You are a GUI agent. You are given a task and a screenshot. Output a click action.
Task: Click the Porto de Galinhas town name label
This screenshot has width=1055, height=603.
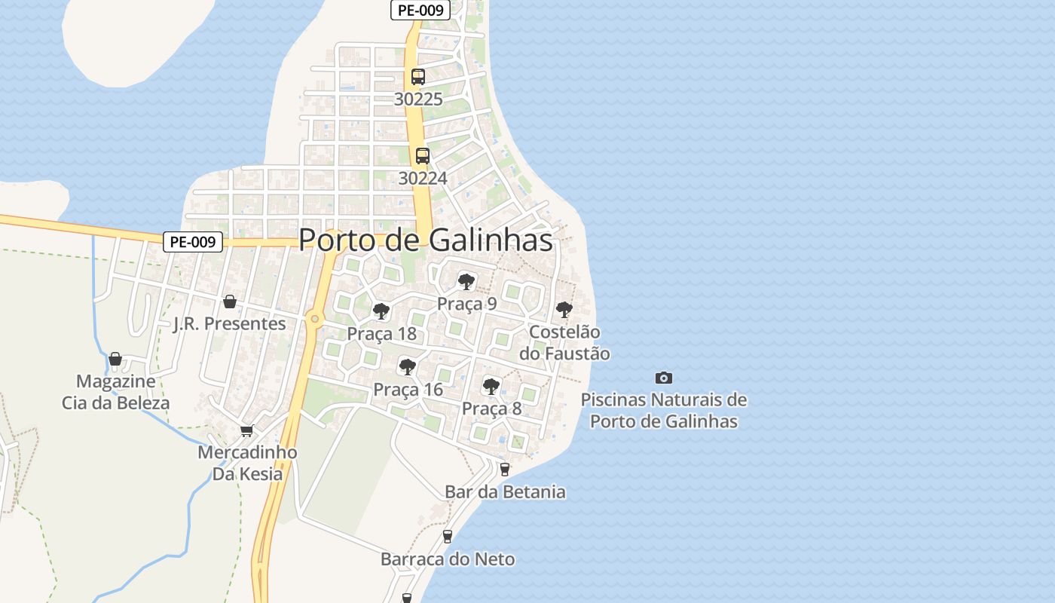click(426, 240)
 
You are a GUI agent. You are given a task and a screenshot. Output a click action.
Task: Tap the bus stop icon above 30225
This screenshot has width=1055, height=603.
click(418, 76)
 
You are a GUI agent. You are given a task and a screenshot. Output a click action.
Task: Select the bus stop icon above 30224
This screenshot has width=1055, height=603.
click(423, 156)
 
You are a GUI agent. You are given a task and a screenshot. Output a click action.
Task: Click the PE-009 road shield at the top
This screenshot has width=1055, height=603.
click(420, 10)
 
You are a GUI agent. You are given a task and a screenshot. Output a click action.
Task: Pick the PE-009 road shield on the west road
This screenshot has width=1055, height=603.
click(194, 242)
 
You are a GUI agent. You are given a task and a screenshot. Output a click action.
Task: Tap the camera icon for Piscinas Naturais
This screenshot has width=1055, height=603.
click(663, 378)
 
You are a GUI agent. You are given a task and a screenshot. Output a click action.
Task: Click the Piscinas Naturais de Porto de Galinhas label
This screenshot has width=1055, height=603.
click(663, 410)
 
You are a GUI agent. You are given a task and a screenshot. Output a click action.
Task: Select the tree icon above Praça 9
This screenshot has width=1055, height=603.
click(466, 282)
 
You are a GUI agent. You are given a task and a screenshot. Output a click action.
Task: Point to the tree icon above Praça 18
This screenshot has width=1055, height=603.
click(381, 311)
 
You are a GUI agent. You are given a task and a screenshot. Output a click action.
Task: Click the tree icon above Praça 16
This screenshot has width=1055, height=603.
click(408, 367)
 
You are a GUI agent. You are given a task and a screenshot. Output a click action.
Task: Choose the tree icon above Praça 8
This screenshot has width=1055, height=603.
click(491, 387)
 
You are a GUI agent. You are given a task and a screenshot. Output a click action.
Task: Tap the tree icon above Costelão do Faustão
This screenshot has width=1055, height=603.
click(564, 310)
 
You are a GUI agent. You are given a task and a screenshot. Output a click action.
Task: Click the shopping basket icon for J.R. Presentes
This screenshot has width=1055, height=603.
click(230, 301)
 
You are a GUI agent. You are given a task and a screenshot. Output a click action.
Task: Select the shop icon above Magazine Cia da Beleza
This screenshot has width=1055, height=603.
click(115, 359)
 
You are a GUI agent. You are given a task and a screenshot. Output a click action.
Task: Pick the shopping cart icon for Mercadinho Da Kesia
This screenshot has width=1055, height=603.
click(246, 430)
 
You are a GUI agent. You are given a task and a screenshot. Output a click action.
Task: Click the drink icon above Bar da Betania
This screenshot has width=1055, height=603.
click(505, 469)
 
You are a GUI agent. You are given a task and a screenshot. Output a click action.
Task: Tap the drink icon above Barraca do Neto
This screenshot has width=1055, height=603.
click(448, 537)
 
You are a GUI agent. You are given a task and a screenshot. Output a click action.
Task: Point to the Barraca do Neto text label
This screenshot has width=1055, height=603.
click(448, 559)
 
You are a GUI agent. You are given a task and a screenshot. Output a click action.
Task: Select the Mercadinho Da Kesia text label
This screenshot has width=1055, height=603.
click(247, 463)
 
